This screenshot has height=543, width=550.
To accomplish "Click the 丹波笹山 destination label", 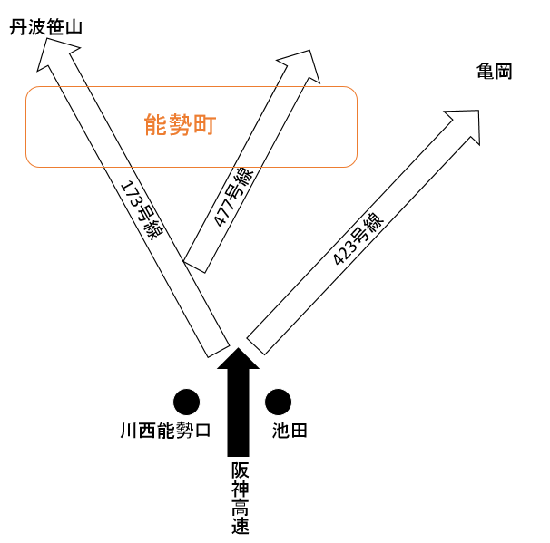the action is [46, 27].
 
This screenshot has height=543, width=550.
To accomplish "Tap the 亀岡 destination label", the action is [495, 72].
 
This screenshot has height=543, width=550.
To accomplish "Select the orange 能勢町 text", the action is [180, 125].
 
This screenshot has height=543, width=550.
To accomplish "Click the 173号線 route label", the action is [142, 209].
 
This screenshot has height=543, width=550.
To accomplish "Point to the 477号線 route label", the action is [233, 197].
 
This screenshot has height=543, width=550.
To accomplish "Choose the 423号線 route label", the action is [358, 239].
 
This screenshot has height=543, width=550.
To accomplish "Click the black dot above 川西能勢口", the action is [187, 402].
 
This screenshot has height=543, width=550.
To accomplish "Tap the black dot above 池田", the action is [278, 402].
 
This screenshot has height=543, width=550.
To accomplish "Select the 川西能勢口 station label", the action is [165, 431].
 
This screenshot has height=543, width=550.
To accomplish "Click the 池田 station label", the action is [290, 431].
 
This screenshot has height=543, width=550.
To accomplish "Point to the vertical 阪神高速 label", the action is [240, 498].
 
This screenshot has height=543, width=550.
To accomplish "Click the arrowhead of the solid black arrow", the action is [238, 359].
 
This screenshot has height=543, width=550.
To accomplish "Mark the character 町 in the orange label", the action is [205, 125].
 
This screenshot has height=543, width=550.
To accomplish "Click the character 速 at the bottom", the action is [240, 525].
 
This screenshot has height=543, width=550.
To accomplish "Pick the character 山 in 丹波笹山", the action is [74, 27].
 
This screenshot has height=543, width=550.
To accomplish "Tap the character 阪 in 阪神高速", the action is [240, 470].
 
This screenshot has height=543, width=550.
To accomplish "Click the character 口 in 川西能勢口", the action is [202, 431].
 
